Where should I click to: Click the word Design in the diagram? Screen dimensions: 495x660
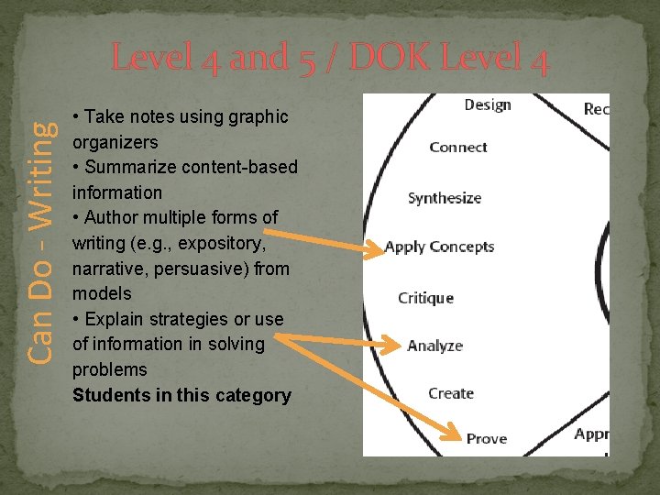tap(488, 105)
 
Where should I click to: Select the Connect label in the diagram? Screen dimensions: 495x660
tap(458, 148)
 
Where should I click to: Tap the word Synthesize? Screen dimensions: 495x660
tap(445, 198)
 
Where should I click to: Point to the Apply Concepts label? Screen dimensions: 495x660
tap(440, 247)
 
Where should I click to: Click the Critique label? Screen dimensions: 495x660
tap(425, 298)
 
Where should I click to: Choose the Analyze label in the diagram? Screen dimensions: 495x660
tap(435, 346)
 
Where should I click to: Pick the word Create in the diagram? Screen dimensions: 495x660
tap(451, 393)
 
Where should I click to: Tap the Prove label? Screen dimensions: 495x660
tap(487, 438)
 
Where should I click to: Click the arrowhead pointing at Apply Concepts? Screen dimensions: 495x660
tap(374, 248)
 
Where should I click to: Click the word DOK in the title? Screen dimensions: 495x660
tap(395, 60)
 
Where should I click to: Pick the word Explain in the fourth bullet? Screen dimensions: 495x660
tap(112, 319)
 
